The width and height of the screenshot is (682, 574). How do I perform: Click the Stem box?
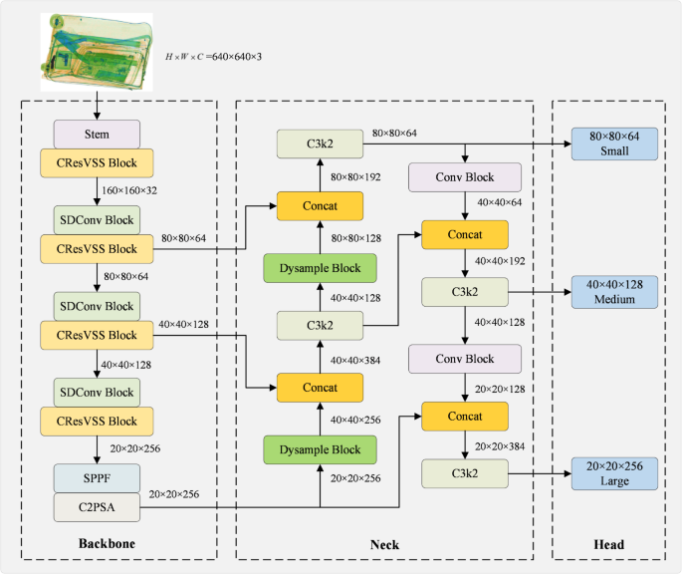coord(97,134)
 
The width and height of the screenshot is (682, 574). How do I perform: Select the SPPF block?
coord(97,477)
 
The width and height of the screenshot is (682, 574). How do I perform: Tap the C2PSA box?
coord(97,507)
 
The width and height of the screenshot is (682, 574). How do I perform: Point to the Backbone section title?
coord(107,545)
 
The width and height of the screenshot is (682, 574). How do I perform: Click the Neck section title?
coord(383,545)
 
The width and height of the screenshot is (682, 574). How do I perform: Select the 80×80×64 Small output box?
coord(614,143)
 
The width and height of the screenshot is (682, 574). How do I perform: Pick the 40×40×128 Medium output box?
coord(614,292)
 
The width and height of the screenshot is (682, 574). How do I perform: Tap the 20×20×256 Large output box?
coord(614,473)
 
